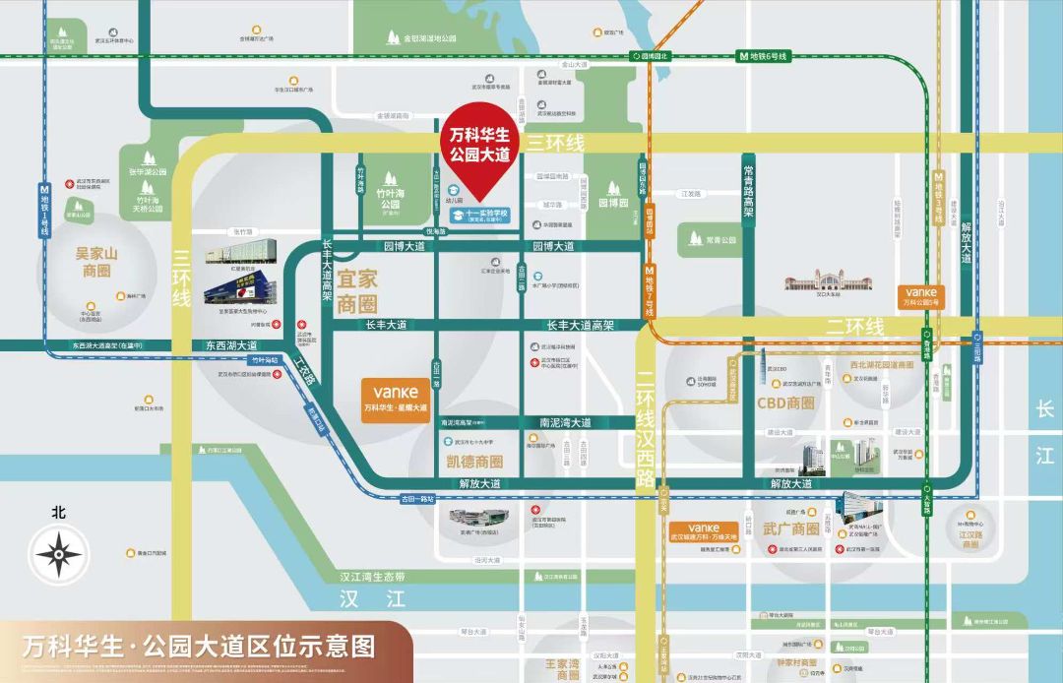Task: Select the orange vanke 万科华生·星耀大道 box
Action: [x=395, y=398]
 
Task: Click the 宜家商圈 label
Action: [x=358, y=292]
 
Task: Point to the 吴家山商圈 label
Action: [x=96, y=262]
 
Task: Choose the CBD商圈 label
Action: [x=785, y=403]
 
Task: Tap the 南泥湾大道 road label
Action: [x=566, y=422]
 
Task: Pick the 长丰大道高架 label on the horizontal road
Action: [x=581, y=325]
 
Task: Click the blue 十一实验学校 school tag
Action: [x=479, y=215]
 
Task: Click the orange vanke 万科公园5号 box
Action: [x=920, y=295]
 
